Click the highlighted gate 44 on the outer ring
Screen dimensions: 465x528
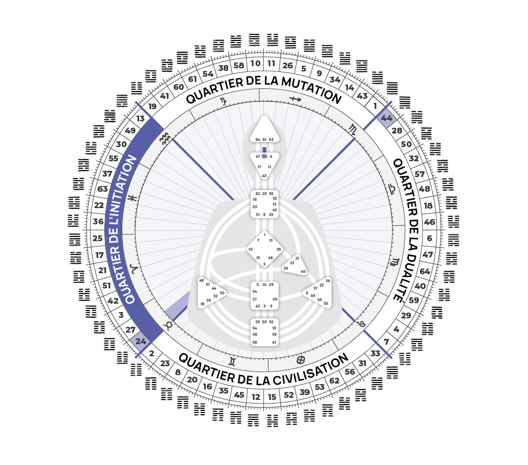[x=387, y=118]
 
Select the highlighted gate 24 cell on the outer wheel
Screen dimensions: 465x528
[x=141, y=341]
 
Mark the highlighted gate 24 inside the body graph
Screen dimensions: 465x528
[x=264, y=157]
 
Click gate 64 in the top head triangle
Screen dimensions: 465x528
[x=257, y=140]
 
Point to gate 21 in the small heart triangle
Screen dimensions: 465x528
[x=297, y=258]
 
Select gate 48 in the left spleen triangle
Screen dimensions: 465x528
[x=201, y=281]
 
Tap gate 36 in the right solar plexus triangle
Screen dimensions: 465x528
[x=328, y=281]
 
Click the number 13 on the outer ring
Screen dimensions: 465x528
[x=140, y=119]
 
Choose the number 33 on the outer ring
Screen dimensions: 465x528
[x=375, y=353]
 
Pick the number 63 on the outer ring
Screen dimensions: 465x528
[x=102, y=189]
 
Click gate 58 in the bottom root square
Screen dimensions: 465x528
[x=255, y=342]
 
